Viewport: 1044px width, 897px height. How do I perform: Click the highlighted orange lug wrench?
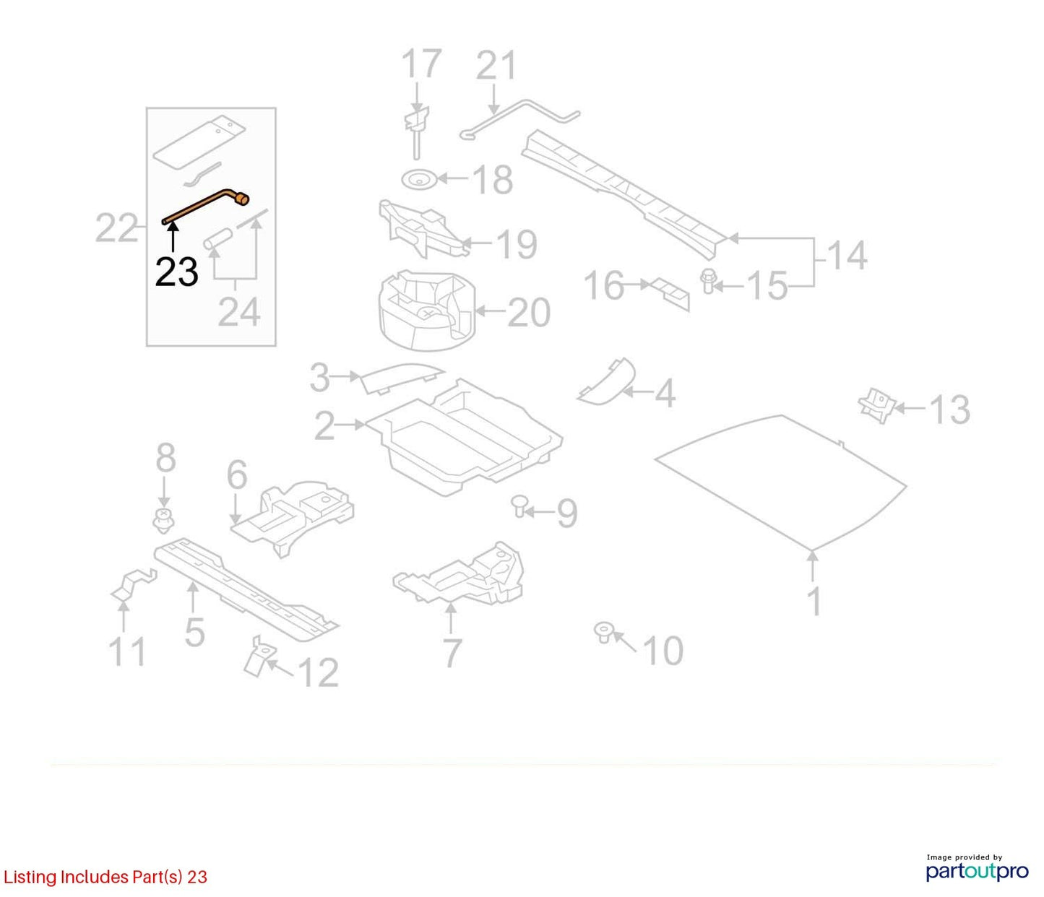click(202, 207)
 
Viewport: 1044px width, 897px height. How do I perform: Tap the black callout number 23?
click(176, 272)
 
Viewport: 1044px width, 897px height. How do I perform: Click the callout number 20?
click(528, 313)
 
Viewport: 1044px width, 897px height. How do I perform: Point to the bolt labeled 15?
click(707, 281)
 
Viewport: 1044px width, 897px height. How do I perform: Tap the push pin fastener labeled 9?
click(519, 506)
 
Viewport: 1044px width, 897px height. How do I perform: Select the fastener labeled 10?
click(603, 632)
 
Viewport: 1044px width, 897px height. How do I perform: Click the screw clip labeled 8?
click(163, 521)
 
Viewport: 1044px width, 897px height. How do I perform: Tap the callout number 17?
click(421, 64)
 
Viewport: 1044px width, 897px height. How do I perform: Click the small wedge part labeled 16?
click(670, 294)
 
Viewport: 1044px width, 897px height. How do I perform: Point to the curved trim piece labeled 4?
click(607, 383)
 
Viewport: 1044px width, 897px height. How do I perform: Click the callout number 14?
click(847, 256)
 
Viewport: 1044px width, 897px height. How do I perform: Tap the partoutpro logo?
click(977, 867)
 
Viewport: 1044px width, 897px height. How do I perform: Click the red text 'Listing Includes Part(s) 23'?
click(105, 877)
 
